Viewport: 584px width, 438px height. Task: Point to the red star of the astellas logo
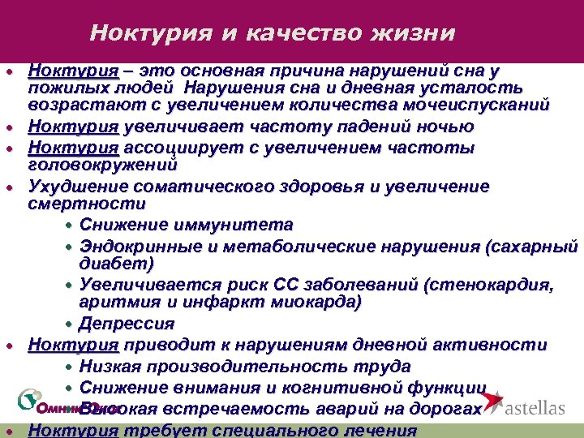(x=492, y=401)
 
